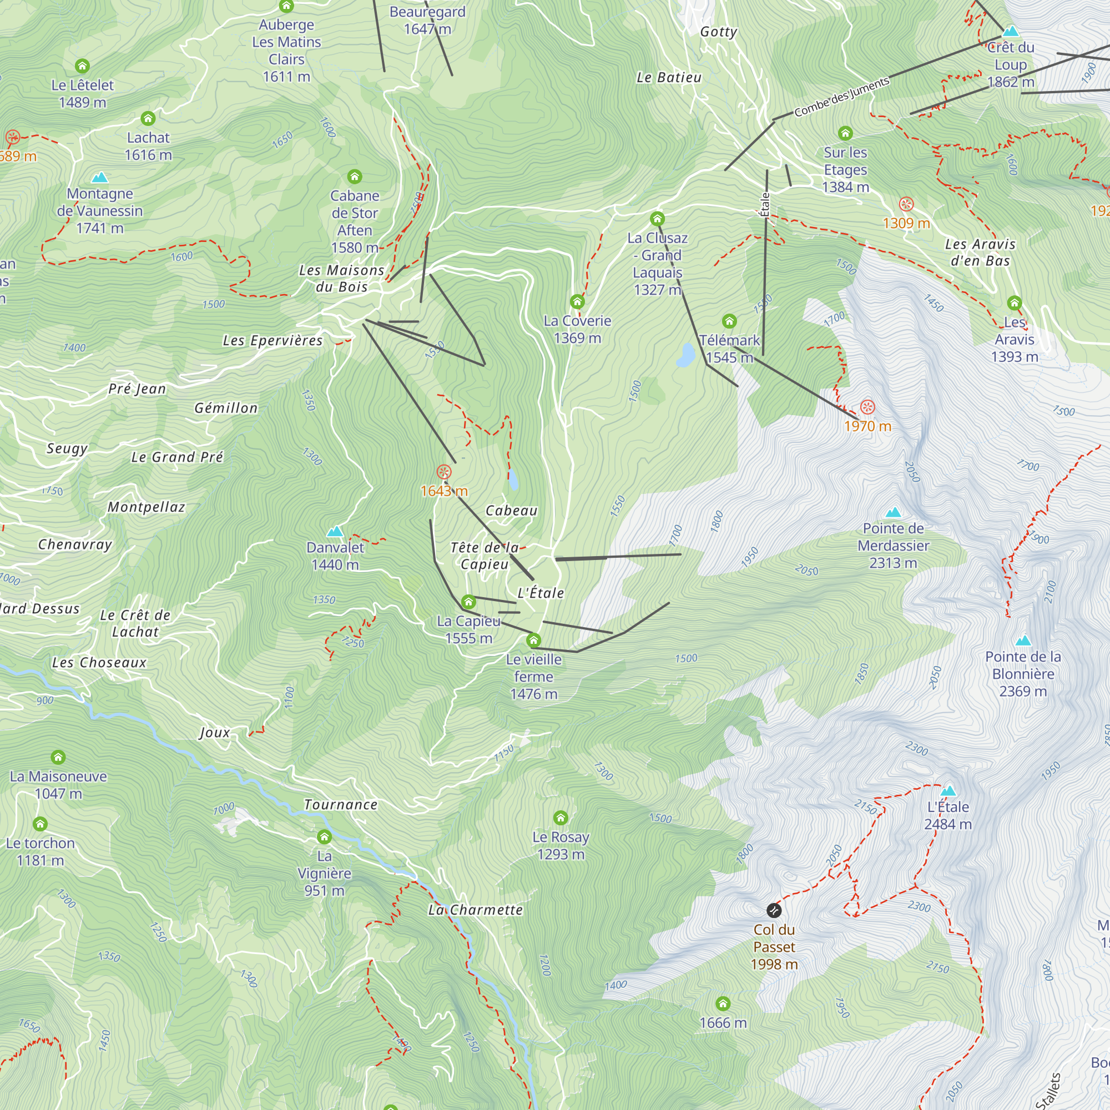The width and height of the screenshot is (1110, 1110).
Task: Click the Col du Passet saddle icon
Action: (774, 910)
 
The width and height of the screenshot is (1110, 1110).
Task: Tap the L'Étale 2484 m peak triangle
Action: (948, 791)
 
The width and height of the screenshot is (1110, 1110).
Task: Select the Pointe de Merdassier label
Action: (893, 545)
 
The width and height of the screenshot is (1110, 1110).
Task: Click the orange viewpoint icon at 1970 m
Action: (867, 407)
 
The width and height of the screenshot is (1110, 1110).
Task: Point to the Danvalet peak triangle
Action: (335, 532)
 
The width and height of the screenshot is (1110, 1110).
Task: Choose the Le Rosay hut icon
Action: (561, 818)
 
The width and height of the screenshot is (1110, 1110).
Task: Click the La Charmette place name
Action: (476, 910)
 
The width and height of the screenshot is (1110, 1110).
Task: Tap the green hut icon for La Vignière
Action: (325, 836)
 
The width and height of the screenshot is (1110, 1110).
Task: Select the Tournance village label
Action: (341, 805)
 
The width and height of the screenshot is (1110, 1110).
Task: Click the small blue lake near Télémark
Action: (685, 355)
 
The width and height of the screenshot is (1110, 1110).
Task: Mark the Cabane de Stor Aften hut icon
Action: (355, 176)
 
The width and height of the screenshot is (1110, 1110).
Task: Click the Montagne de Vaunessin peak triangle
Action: (100, 177)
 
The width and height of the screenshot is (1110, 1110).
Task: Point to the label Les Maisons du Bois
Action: (341, 278)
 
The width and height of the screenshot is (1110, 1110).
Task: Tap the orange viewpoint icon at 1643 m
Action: (443, 472)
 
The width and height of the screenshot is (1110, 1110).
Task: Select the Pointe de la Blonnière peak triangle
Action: (1023, 640)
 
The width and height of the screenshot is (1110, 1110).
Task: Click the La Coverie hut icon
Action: (577, 301)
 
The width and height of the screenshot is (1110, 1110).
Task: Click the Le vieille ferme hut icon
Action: (534, 640)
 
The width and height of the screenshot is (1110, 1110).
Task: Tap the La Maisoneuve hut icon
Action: (58, 757)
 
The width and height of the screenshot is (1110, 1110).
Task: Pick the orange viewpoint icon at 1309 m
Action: (906, 204)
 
